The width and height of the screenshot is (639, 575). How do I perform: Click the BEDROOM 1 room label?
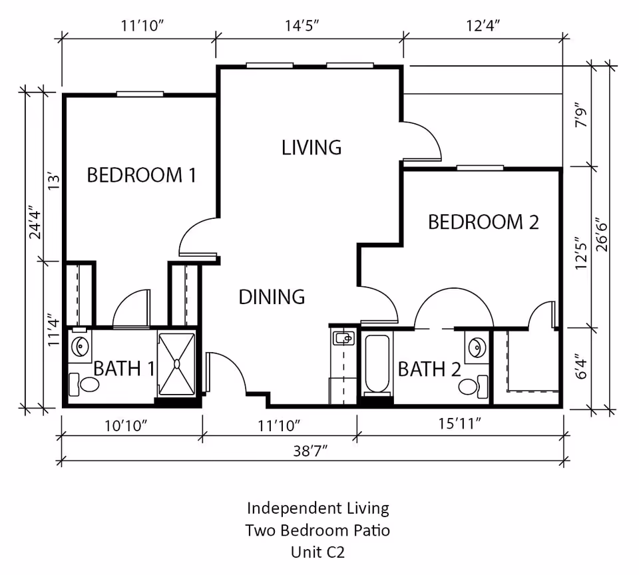pos(142,175)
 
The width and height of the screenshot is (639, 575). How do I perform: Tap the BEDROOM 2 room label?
pos(483,222)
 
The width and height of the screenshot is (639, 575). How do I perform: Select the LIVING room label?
pos(312,146)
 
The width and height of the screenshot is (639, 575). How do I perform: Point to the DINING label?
pos(272,297)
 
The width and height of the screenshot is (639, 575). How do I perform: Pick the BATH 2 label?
pos(429,369)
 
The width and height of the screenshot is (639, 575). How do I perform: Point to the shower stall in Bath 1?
pos(177,364)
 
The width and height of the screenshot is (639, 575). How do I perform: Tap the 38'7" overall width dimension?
pos(311,450)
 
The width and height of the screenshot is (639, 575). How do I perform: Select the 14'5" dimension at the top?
pos(298,26)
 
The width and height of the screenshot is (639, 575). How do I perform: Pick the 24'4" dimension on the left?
pos(35,224)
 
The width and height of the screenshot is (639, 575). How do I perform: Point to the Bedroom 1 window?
pos(140,95)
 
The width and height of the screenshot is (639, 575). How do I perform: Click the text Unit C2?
pos(318,552)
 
